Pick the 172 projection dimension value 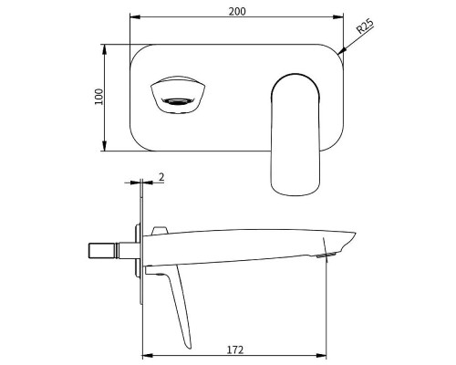(x=234, y=349)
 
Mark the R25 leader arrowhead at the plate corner (x=341, y=54)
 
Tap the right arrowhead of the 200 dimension (x=344, y=18)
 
